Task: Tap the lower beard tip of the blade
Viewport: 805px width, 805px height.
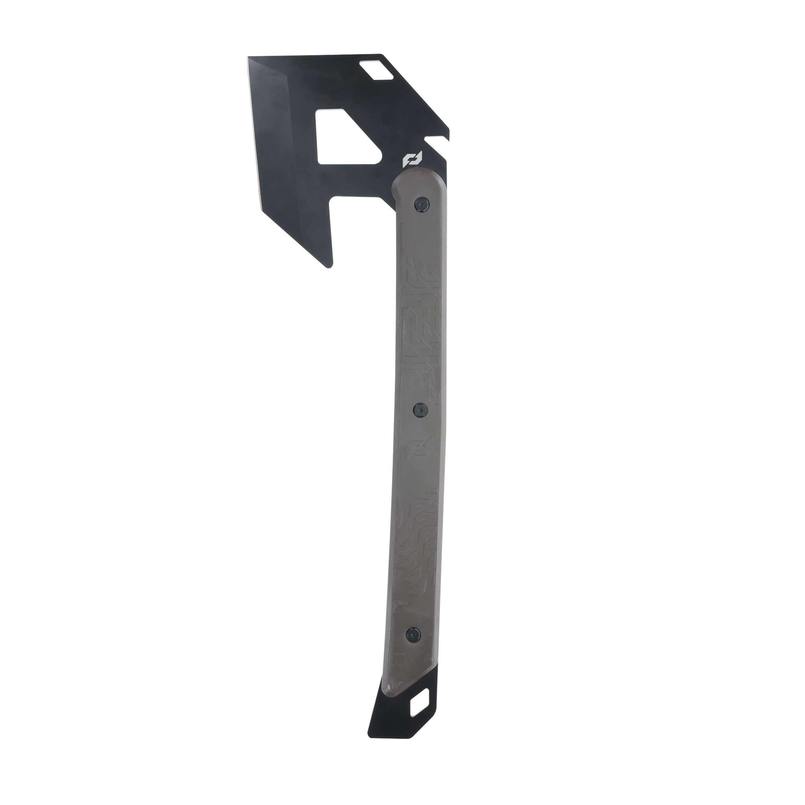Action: point(329,266)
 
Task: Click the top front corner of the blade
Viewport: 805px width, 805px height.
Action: point(249,58)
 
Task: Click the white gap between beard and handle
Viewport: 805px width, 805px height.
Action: point(363,233)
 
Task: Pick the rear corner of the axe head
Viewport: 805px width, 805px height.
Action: point(448,127)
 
